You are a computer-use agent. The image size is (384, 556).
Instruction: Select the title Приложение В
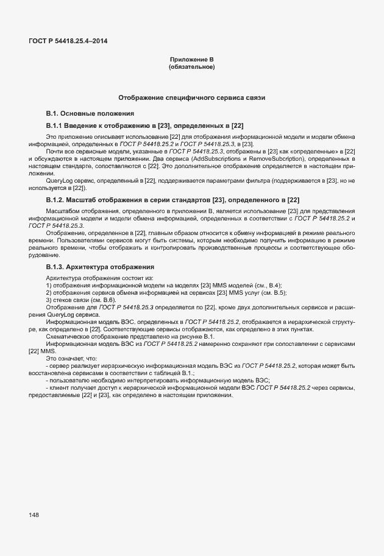point(191,60)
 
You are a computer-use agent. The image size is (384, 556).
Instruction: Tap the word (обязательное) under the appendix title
point(191,66)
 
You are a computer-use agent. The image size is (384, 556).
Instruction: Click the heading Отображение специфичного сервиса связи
point(191,97)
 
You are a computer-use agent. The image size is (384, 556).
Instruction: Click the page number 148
point(34,515)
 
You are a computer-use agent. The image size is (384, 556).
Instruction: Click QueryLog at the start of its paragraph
point(60,181)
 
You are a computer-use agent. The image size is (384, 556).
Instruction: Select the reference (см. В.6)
point(101,300)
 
